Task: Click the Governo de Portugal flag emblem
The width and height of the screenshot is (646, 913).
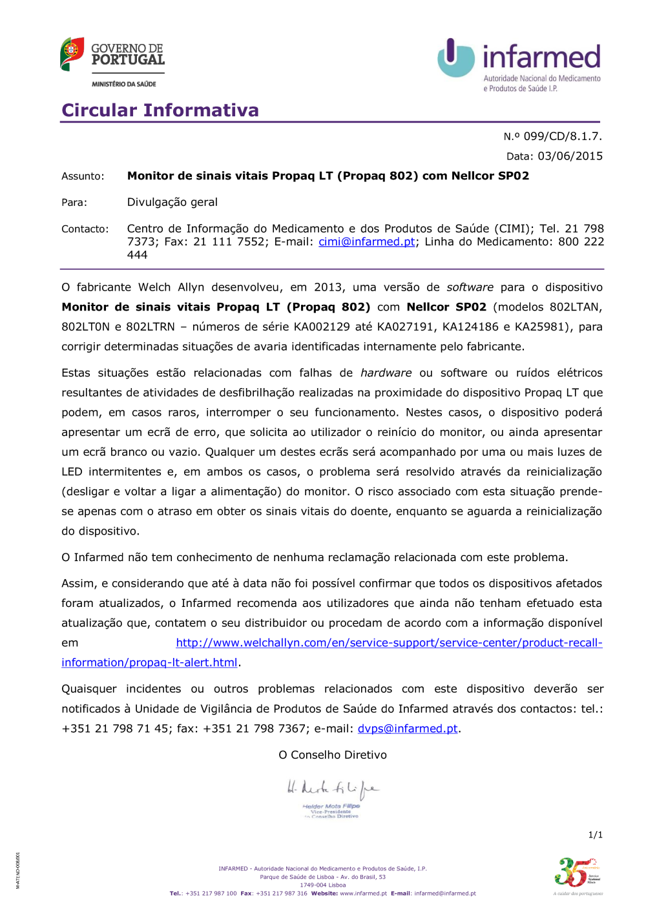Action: click(x=72, y=54)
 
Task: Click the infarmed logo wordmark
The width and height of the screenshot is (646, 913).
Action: click(x=541, y=57)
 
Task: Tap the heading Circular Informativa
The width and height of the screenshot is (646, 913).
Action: click(x=160, y=110)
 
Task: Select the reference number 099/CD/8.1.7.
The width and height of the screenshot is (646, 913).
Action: click(x=562, y=136)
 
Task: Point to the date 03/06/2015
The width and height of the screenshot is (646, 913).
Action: click(x=570, y=156)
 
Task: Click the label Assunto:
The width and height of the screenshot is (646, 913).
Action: click(x=83, y=176)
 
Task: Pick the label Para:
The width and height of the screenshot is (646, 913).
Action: click(x=74, y=203)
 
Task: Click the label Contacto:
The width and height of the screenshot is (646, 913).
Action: click(x=85, y=229)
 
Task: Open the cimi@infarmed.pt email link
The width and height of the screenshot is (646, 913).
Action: click(x=367, y=242)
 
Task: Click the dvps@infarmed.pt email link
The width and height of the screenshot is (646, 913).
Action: click(x=408, y=729)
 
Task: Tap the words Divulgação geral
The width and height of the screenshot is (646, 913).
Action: click(x=172, y=203)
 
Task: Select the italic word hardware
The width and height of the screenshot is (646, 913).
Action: click(x=386, y=373)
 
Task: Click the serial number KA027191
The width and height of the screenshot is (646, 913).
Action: click(x=406, y=327)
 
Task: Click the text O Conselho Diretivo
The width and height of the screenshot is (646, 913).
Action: click(x=333, y=755)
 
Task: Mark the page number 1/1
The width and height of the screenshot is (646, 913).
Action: click(x=595, y=836)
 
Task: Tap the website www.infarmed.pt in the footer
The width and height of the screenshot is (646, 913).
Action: click(x=363, y=894)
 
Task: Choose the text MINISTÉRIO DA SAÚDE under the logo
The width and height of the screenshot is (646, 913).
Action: click(x=124, y=84)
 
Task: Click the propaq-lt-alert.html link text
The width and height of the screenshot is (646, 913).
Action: click(x=149, y=663)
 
